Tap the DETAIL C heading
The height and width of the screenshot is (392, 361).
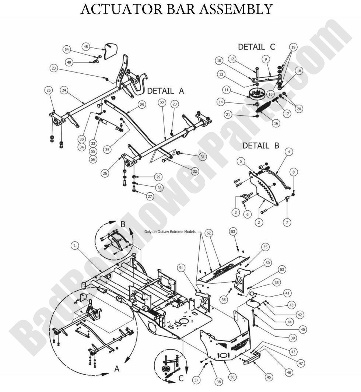(x=256, y=47)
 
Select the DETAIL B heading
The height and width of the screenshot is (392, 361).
(x=260, y=146)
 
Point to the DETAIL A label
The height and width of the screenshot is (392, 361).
(x=165, y=91)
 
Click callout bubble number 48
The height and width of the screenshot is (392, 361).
(x=86, y=47)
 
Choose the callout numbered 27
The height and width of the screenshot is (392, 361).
(x=150, y=196)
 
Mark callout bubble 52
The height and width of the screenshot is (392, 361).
(x=209, y=233)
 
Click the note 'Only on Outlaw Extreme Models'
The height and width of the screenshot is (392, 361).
(x=170, y=232)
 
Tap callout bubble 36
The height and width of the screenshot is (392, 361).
(x=232, y=377)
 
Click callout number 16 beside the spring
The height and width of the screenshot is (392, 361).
(x=276, y=123)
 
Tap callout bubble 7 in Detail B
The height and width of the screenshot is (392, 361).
(x=287, y=222)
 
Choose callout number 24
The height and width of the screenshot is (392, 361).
(x=64, y=90)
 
